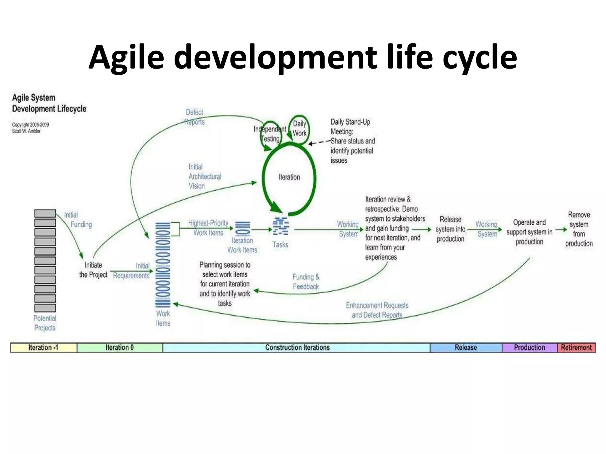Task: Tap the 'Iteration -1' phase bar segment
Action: (x=43, y=348)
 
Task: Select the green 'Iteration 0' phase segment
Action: (x=120, y=348)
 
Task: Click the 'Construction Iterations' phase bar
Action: (x=297, y=348)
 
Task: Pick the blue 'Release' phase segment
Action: (x=466, y=348)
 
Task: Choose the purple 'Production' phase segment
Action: (x=529, y=348)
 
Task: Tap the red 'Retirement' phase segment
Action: (x=576, y=348)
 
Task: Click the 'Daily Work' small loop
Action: (x=299, y=129)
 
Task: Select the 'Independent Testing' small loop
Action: (x=270, y=134)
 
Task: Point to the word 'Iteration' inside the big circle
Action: (x=289, y=177)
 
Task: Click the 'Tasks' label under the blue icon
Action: (x=280, y=244)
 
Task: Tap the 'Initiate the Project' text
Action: (x=93, y=270)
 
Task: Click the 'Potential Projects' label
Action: (x=45, y=323)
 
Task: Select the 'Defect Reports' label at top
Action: (x=194, y=117)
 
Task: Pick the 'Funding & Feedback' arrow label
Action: (x=306, y=282)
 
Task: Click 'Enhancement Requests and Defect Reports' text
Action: (x=377, y=310)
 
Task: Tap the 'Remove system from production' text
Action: (x=579, y=229)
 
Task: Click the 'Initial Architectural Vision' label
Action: (x=204, y=176)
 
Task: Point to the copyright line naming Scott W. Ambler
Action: (x=26, y=131)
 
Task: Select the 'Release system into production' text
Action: (x=450, y=229)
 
